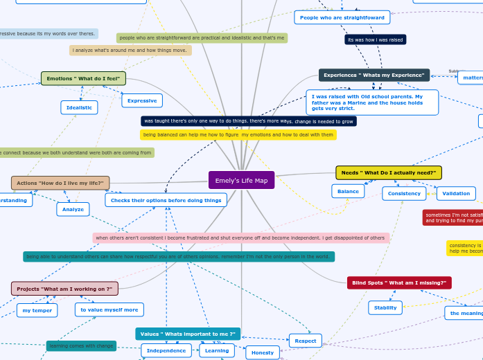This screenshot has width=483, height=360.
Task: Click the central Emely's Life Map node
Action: (241, 180)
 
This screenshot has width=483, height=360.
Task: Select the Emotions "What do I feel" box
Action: (83, 78)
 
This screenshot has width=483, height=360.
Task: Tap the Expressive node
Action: (142, 100)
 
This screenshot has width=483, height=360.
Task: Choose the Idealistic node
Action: (79, 107)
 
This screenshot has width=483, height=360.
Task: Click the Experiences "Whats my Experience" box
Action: (374, 75)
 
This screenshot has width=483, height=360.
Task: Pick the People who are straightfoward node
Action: (342, 17)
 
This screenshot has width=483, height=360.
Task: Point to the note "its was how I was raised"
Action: (375, 39)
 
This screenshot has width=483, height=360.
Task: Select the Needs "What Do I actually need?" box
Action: (388, 172)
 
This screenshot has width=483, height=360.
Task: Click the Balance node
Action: (348, 191)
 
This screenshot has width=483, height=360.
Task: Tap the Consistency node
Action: (404, 193)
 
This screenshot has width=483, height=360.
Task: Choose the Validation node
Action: (456, 193)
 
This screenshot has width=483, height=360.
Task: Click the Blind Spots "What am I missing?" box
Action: (398, 282)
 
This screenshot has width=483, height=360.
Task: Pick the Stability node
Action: (385, 307)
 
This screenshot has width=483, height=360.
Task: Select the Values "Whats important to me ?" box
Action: (188, 334)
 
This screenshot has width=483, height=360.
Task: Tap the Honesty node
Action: (263, 352)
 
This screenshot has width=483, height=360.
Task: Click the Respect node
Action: (306, 341)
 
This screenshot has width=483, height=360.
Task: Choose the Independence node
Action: (166, 350)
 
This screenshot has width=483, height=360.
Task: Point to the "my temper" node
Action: (37, 310)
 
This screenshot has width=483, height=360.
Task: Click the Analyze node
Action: (73, 209)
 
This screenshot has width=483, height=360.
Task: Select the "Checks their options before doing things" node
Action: (166, 200)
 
